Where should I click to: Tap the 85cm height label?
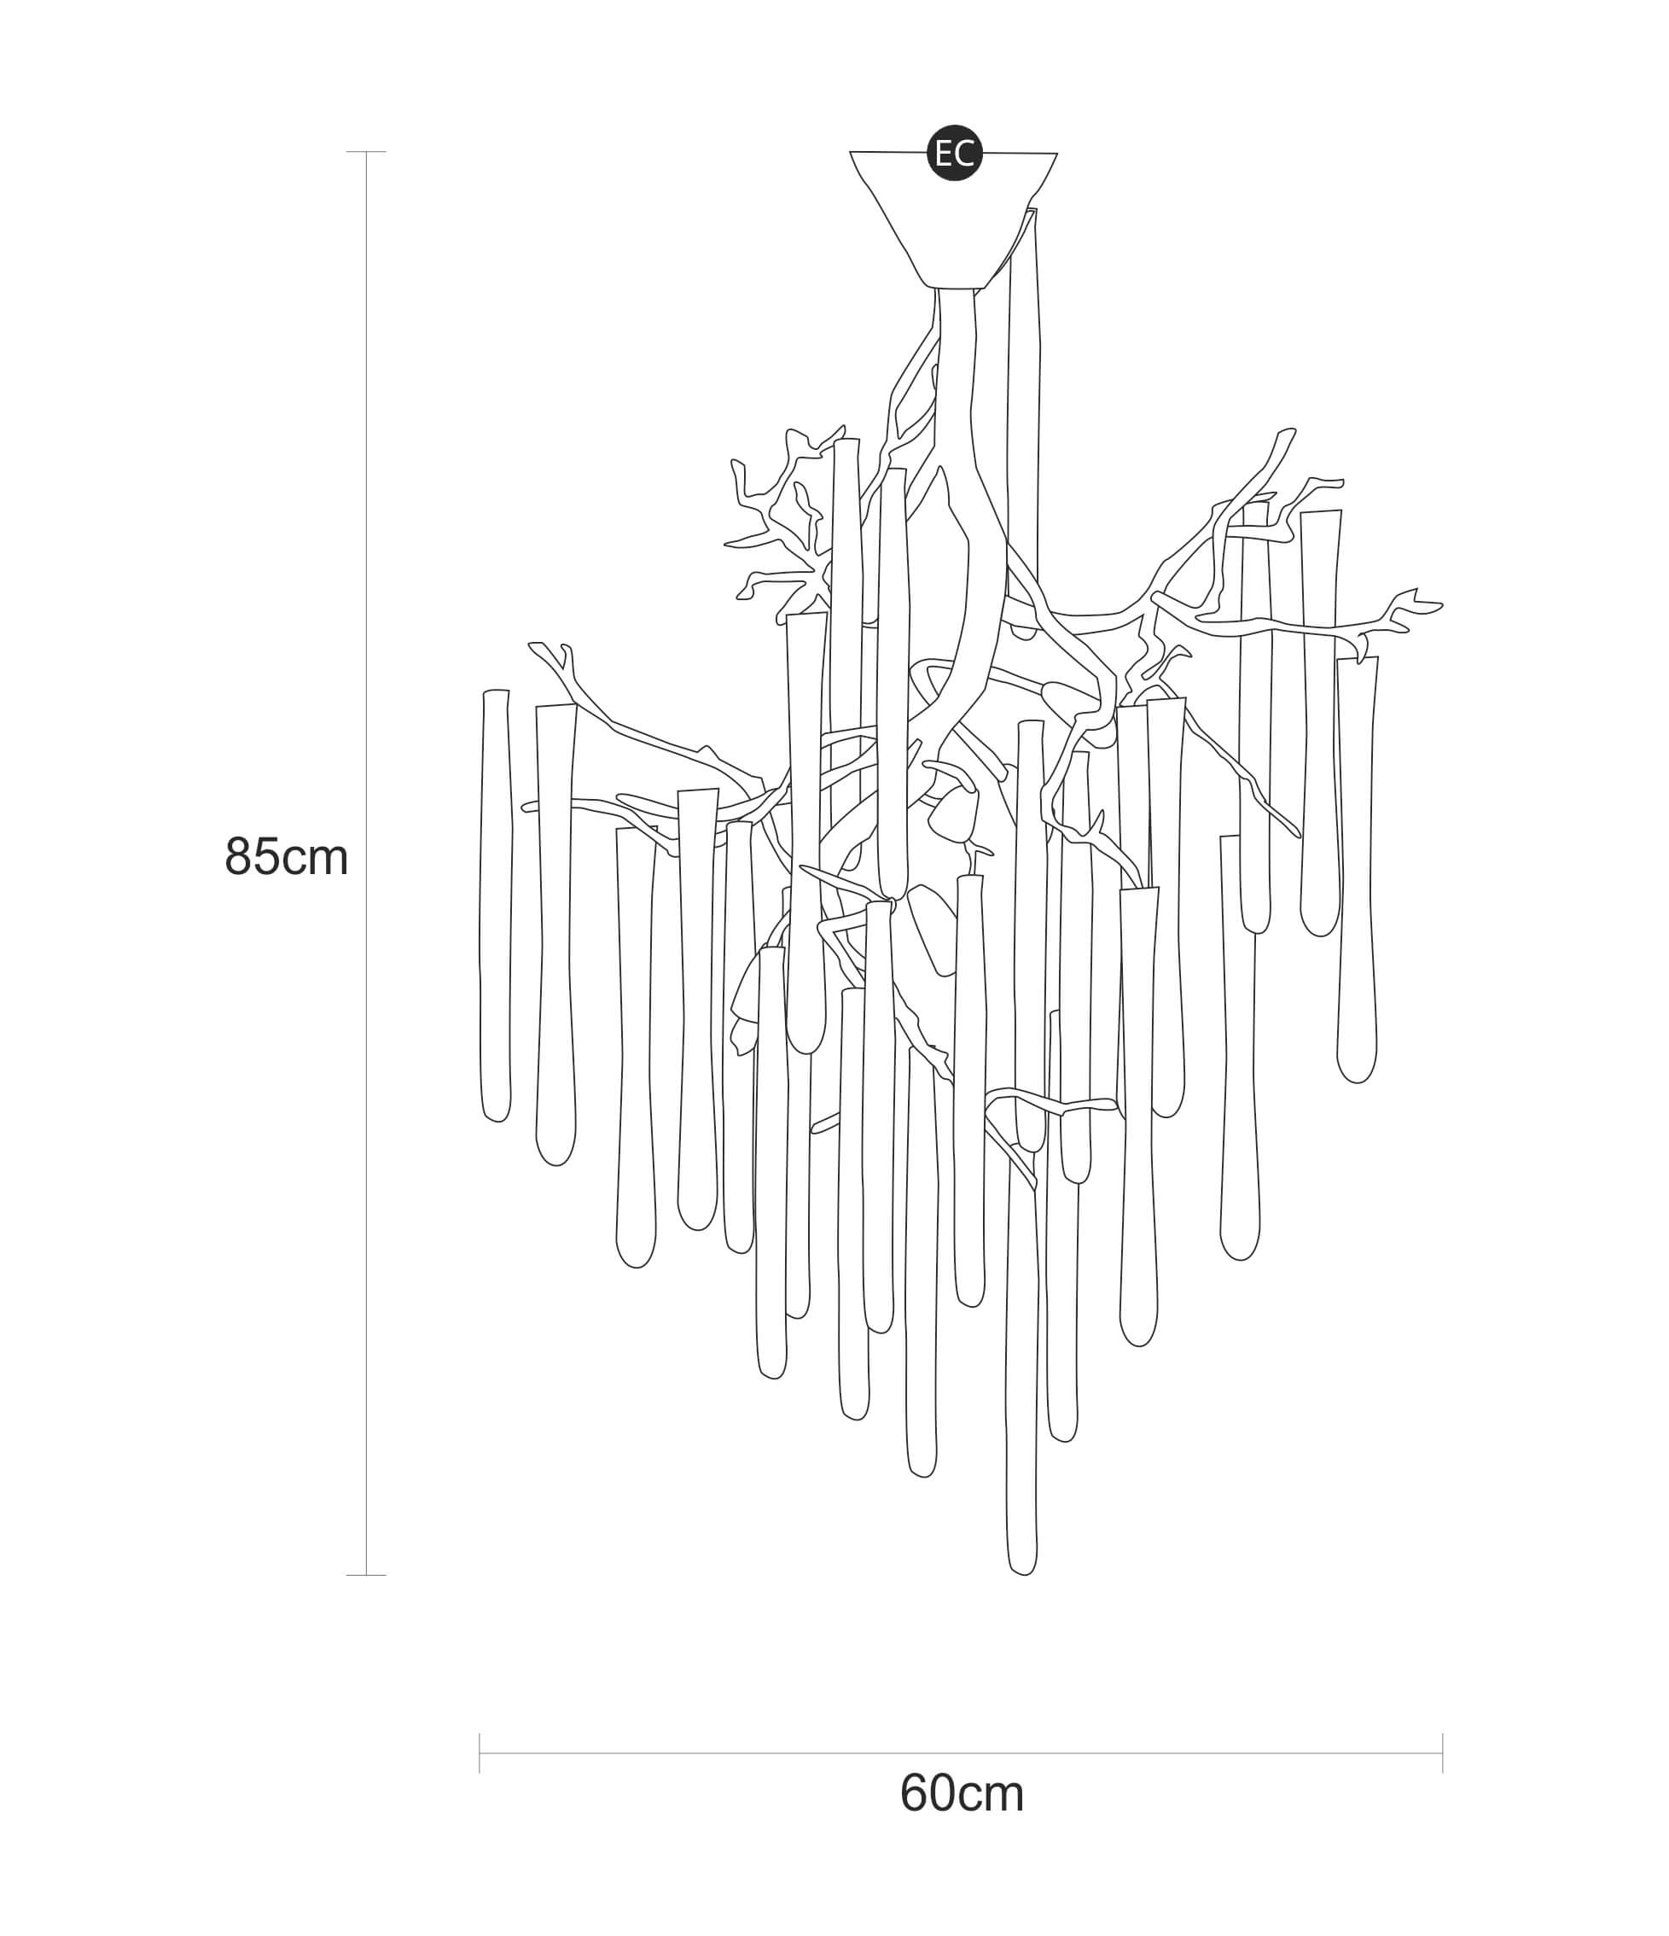pos(287,856)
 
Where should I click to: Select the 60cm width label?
pos(962,1793)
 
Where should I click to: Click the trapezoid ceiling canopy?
pos(954,219)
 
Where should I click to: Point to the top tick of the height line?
pos(366,151)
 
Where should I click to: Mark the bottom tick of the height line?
pos(366,1575)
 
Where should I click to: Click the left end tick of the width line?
pos(480,1752)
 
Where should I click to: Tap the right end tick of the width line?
pos(1443,1752)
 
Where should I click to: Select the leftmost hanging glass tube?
pos(496,906)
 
